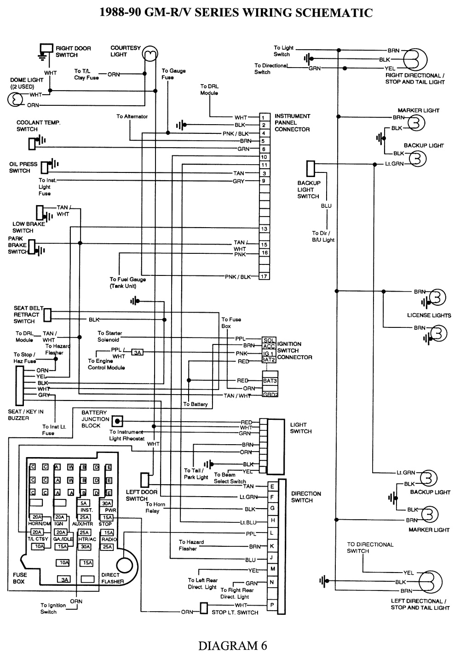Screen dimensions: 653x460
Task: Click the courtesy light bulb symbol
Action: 148,54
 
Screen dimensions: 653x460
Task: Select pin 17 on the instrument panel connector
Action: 264,276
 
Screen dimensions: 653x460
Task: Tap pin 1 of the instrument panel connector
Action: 264,117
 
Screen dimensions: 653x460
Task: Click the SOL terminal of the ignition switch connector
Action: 269,339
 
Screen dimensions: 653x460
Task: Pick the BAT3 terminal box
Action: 269,380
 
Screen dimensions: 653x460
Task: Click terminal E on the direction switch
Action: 272,487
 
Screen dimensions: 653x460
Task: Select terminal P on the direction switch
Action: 272,605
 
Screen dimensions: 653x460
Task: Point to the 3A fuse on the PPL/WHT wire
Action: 137,353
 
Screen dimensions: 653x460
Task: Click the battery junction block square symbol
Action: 118,420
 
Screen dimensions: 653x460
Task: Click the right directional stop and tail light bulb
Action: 415,59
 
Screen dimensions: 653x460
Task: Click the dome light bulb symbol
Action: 15,99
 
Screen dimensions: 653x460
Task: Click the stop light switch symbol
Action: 204,608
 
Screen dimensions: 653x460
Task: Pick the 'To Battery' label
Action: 195,404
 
